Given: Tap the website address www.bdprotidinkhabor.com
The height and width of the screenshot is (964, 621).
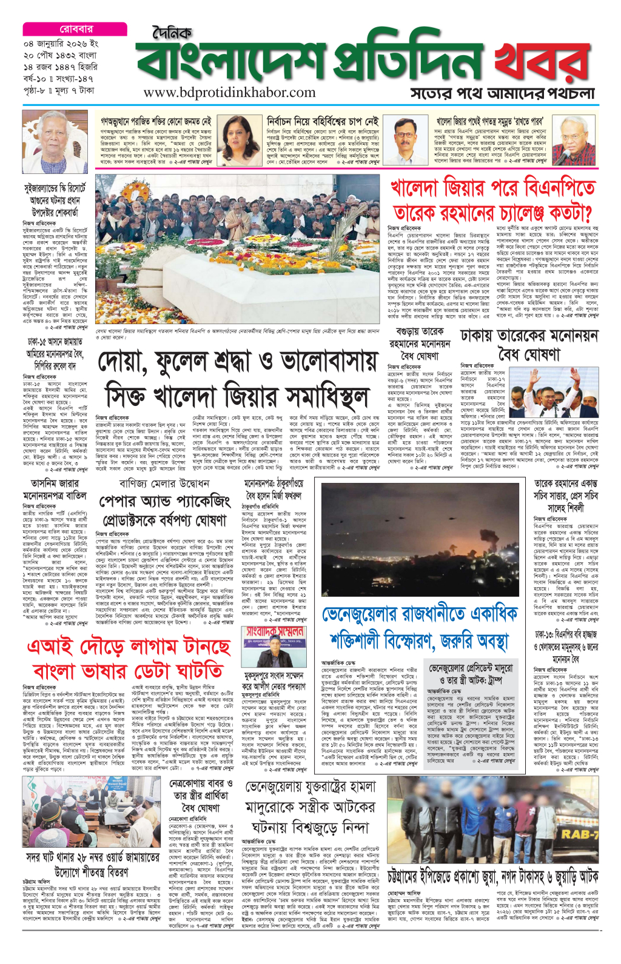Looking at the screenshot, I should tap(230, 93).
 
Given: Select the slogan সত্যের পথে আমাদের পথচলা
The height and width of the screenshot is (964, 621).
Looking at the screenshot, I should tap(503, 93).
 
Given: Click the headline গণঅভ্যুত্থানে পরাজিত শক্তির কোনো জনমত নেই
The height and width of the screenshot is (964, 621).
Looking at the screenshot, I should tap(156, 122).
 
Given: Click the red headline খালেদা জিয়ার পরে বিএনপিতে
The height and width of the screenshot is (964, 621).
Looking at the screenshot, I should tap(492, 188).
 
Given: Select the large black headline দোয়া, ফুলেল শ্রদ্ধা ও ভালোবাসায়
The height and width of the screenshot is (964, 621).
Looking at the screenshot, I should tap(238, 362).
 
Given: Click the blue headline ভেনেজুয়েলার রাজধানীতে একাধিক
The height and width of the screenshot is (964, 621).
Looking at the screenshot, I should tap(420, 615).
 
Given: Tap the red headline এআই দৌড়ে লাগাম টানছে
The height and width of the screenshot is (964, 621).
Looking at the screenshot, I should tap(129, 647).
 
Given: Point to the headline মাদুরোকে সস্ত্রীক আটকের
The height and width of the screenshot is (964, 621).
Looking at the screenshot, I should tap(310, 807).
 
